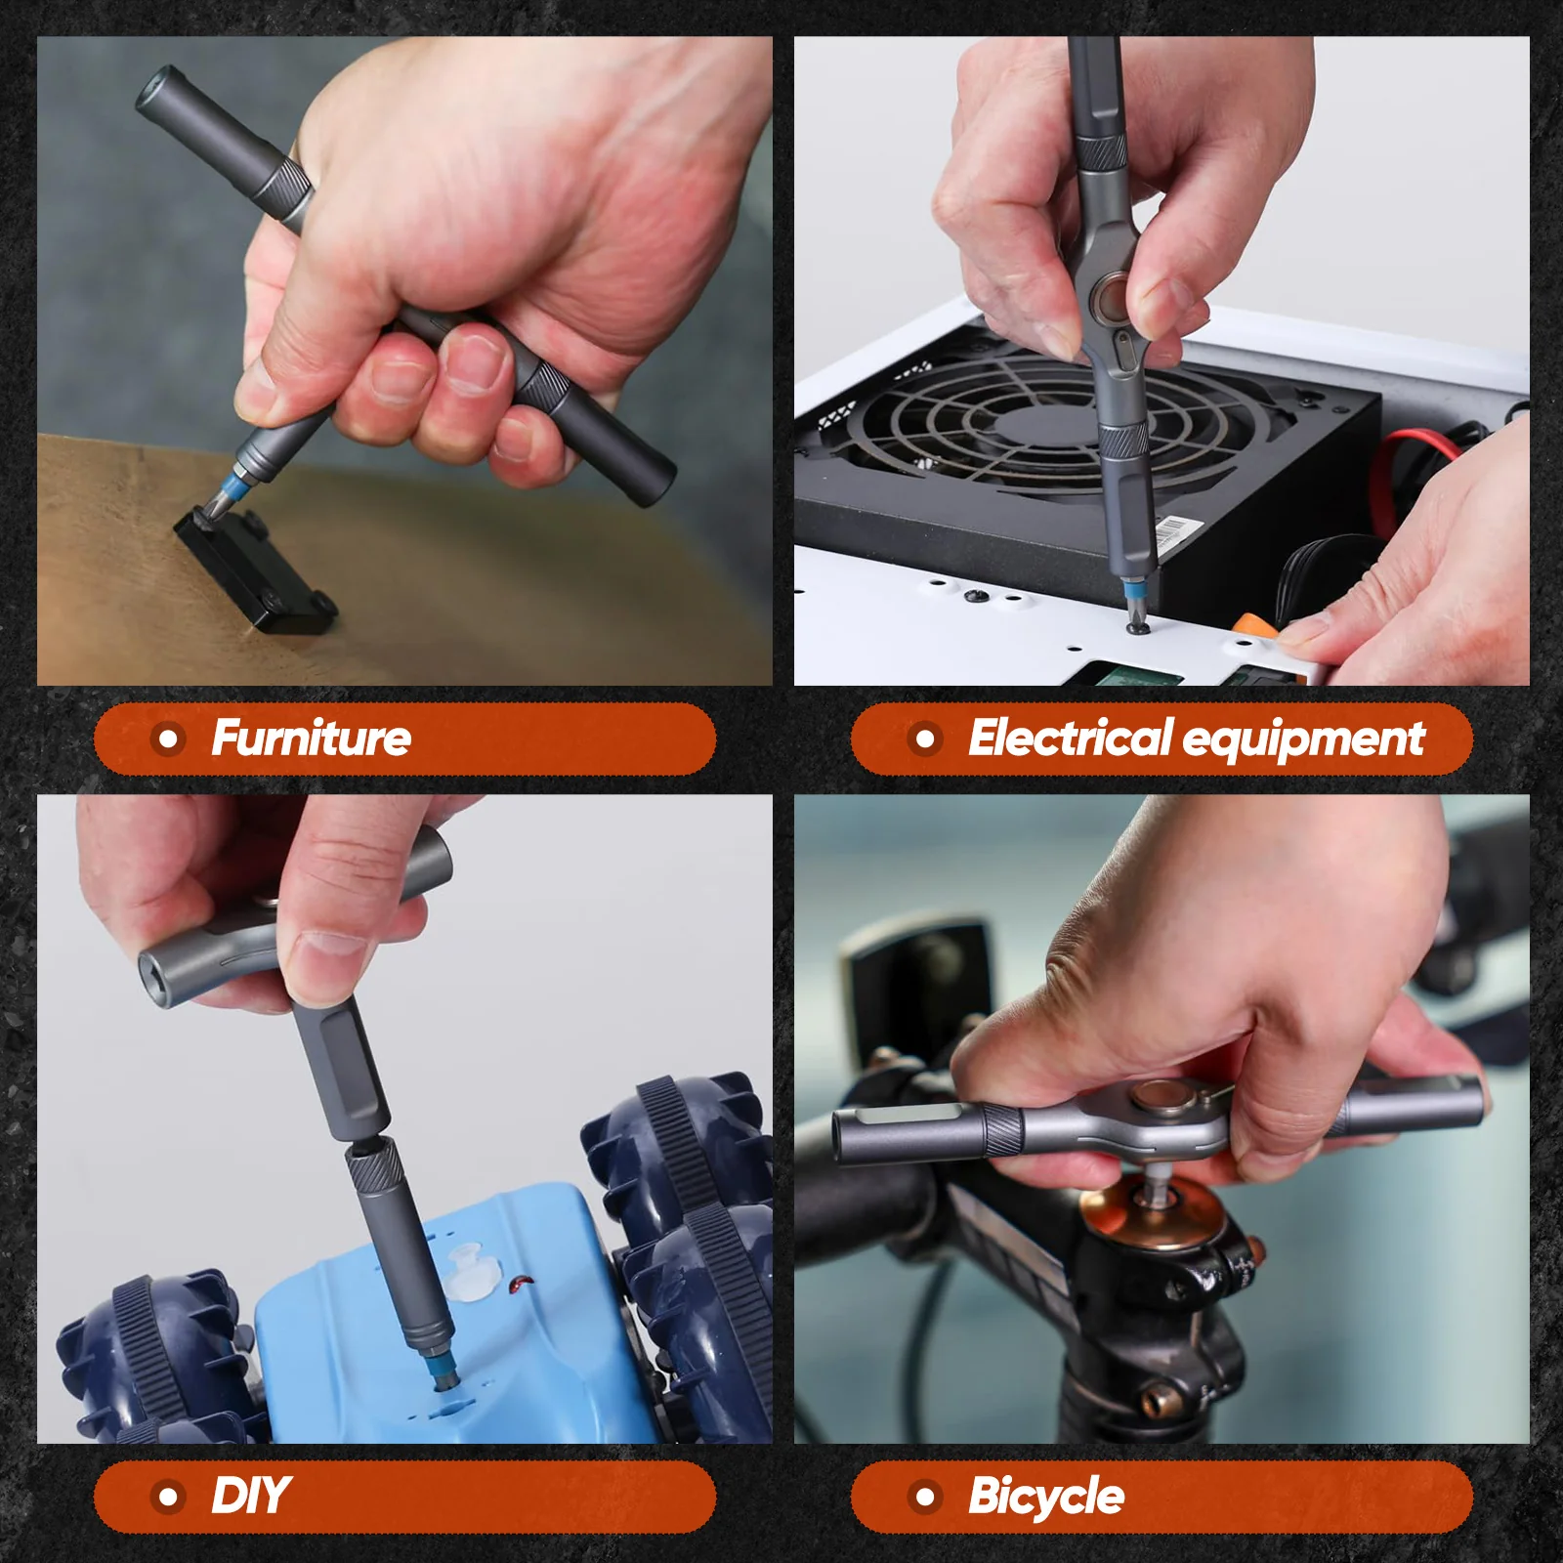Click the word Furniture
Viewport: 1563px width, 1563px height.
pyautogui.click(x=311, y=739)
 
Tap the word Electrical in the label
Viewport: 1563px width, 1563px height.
pyautogui.click(x=1069, y=739)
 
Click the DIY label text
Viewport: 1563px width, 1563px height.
pyautogui.click(x=250, y=1497)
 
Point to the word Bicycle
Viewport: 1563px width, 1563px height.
pyautogui.click(x=1045, y=1497)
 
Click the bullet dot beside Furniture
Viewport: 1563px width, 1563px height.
pyautogui.click(x=169, y=739)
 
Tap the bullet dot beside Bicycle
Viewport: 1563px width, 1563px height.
pyautogui.click(x=925, y=1497)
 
